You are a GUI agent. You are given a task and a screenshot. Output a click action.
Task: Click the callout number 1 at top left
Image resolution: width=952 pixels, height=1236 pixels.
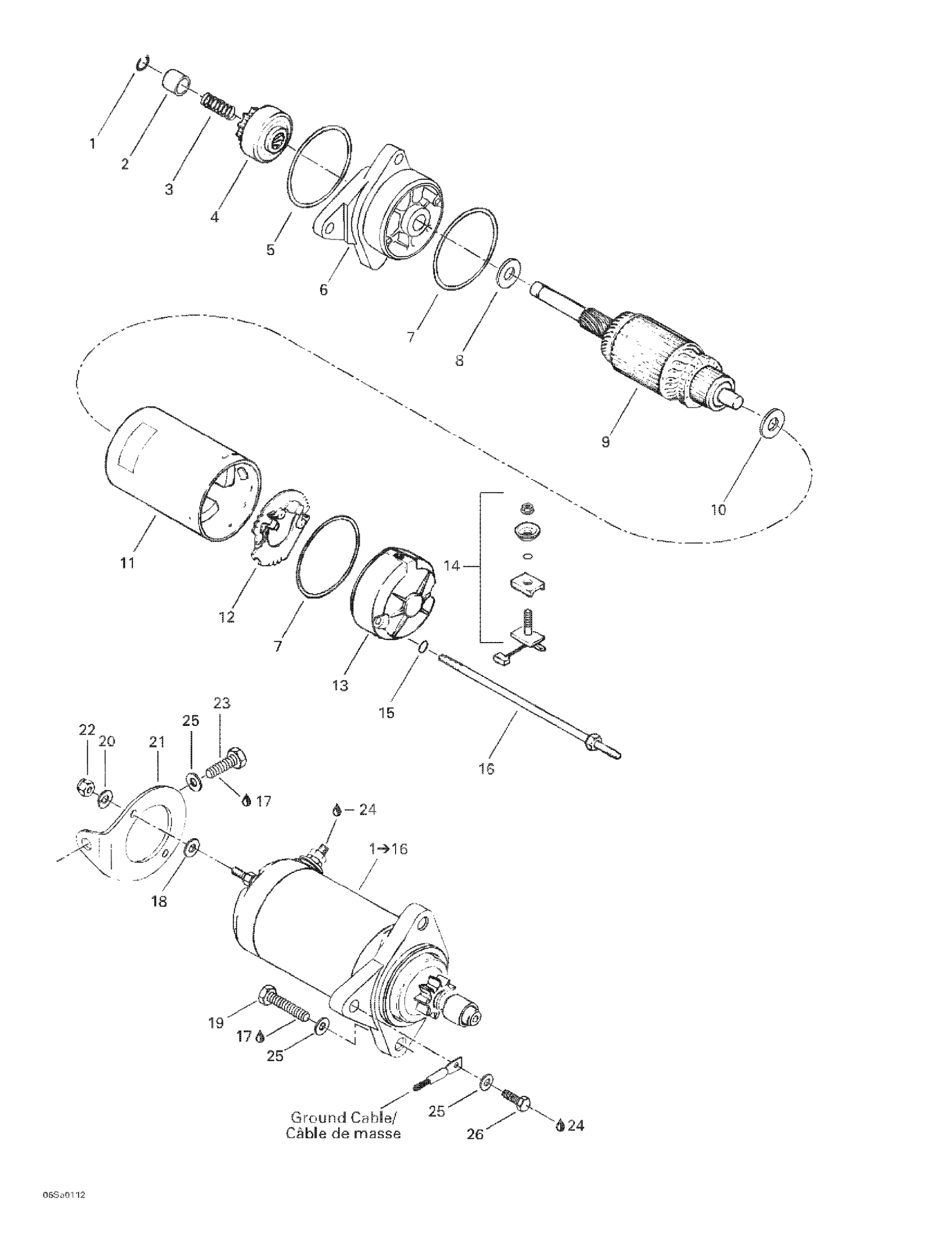[x=92, y=144]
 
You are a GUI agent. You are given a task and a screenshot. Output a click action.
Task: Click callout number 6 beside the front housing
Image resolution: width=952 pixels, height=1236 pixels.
[x=323, y=290]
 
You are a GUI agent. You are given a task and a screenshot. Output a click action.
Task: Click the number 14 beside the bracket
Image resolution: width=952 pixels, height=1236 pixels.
[x=451, y=565]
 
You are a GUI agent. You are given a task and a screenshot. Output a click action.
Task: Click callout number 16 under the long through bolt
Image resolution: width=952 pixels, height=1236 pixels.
[x=486, y=768]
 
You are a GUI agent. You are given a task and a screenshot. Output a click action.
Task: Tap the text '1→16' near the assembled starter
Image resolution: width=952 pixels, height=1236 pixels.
[x=388, y=849]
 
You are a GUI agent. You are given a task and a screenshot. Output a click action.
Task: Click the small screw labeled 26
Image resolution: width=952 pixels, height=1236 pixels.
[x=516, y=1100]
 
